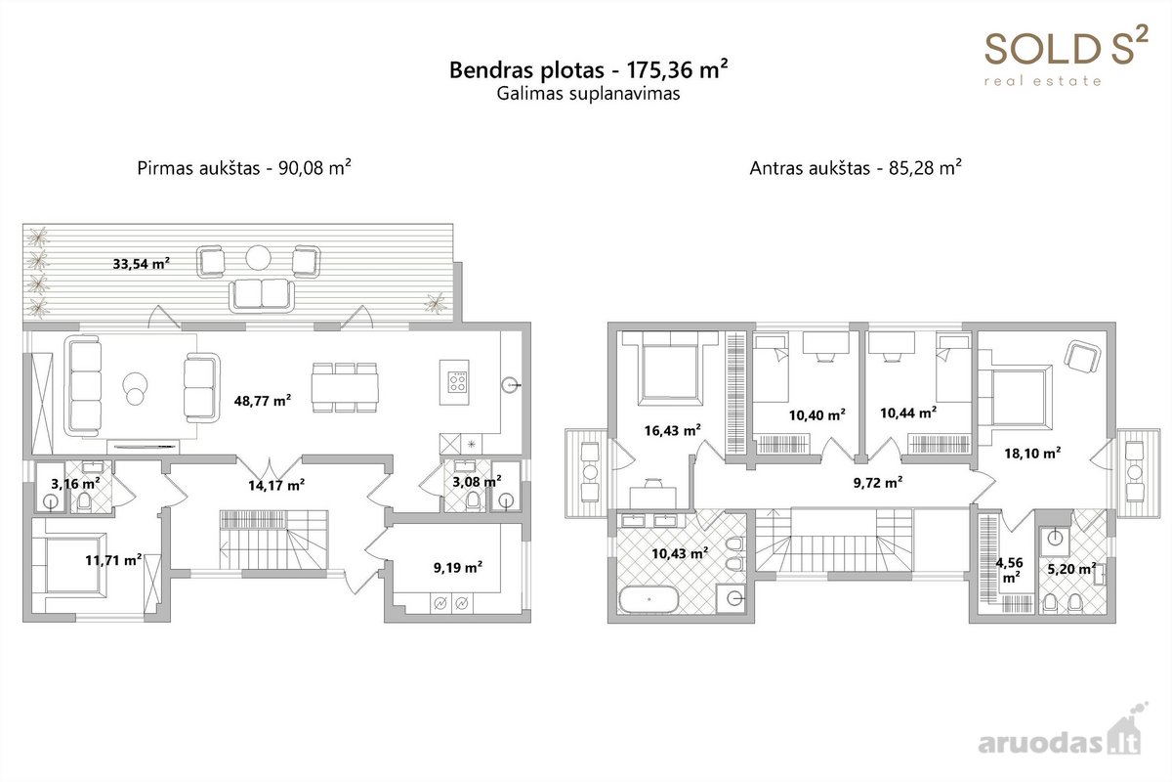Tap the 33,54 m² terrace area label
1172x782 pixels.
(x=142, y=264)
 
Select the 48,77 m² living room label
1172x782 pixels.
(x=263, y=401)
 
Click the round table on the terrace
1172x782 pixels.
(x=259, y=258)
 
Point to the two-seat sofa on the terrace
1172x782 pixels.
(x=262, y=295)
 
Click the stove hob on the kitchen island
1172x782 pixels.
(x=457, y=381)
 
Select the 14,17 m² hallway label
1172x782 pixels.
(x=276, y=486)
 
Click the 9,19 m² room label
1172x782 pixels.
(x=458, y=567)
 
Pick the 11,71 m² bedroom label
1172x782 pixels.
(x=114, y=560)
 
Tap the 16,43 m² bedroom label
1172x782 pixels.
(x=672, y=430)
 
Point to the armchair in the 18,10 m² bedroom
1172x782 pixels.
(x=1082, y=357)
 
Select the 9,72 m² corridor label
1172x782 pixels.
(x=877, y=483)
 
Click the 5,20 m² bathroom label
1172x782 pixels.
(x=1071, y=568)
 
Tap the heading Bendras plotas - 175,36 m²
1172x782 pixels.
(x=588, y=69)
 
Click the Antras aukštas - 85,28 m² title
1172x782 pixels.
(x=856, y=167)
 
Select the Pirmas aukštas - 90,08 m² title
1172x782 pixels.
(x=244, y=167)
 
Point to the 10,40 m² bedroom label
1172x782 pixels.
(x=817, y=415)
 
